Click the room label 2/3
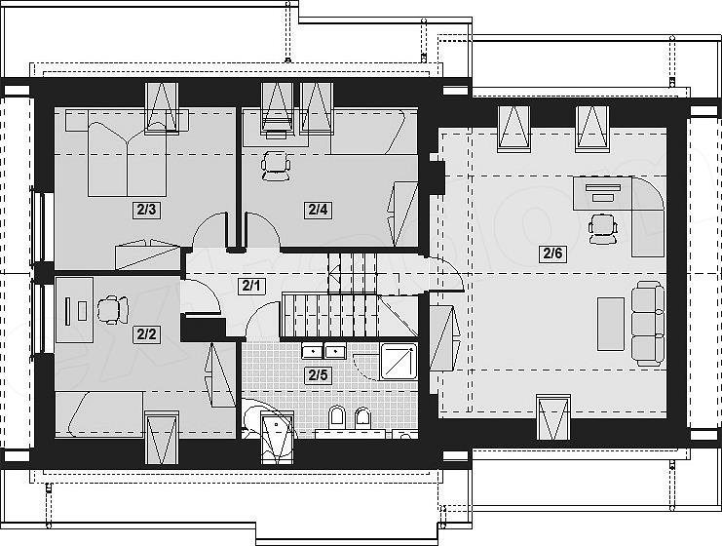pos(146,210)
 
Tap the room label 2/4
pos(318,210)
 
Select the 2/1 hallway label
pos(251,286)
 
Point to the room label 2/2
pos(146,334)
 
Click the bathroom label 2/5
pos(318,375)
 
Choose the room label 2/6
pos(552,253)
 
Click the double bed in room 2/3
pos(127,159)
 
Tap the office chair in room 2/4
pos(276,167)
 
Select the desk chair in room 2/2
pos(112,309)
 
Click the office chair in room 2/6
pos(603,228)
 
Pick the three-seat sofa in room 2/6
pos(647,324)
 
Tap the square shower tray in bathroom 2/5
pos(399,362)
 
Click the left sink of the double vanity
pos(313,352)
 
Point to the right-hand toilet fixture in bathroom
pos(362,417)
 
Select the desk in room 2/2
pos(74,310)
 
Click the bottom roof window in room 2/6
pos(553,417)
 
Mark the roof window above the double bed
pos(161,108)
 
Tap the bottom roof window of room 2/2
pos(161,438)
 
